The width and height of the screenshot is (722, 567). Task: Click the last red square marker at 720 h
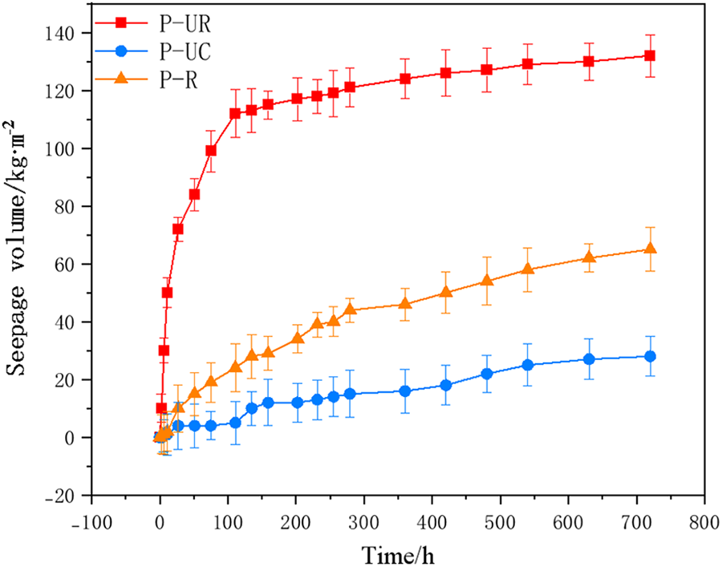(x=650, y=56)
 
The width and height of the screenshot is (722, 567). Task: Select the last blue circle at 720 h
(x=650, y=357)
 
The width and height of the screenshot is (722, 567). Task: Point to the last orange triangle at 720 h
(x=650, y=249)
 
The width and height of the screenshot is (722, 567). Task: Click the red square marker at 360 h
(x=405, y=79)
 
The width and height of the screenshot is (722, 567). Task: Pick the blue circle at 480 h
(x=487, y=374)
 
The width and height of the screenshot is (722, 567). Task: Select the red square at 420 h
(x=446, y=73)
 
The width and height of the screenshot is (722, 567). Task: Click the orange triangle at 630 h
(x=589, y=257)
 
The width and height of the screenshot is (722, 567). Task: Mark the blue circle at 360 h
(x=405, y=391)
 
